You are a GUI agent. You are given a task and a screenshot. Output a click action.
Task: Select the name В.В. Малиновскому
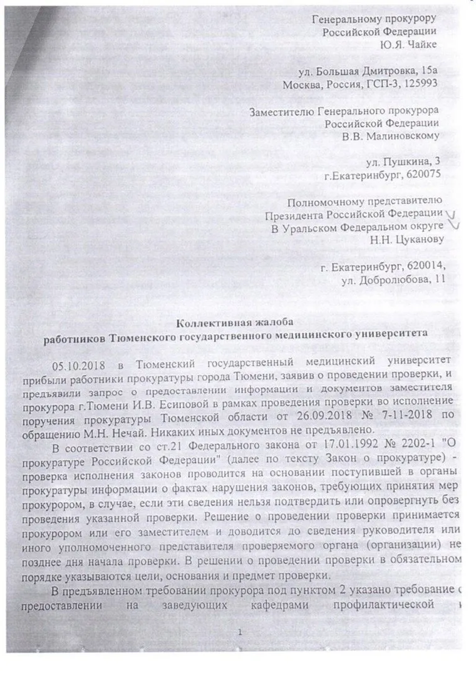[398, 135]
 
